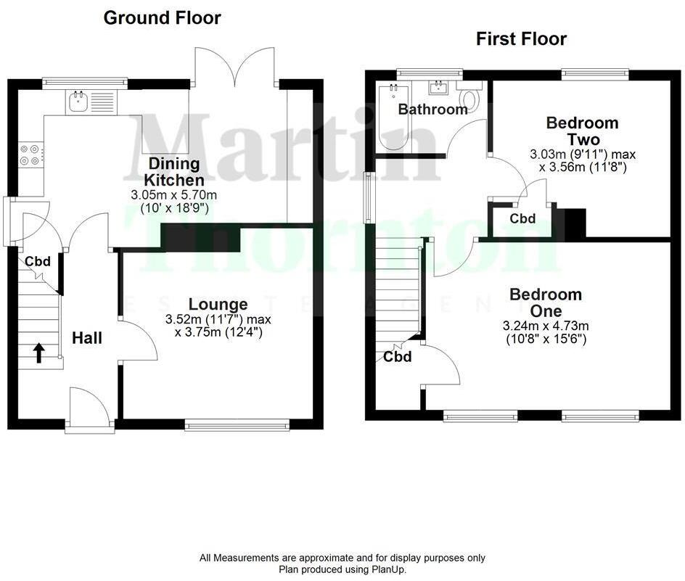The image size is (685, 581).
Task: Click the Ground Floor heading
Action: [x=162, y=17]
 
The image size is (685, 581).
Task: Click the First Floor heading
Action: [x=521, y=38]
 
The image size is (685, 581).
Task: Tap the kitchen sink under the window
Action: [x=78, y=102]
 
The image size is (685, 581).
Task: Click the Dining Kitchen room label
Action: [x=173, y=171]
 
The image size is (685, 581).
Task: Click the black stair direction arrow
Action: [x=38, y=353]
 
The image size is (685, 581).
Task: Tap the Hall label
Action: [x=86, y=338]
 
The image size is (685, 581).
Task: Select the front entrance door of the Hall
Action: [x=89, y=411]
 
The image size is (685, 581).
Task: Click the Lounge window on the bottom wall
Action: [x=237, y=426]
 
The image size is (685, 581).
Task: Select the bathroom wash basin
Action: [x=438, y=88]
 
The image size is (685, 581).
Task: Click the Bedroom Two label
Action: [x=582, y=131]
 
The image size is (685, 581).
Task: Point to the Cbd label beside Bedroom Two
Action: [x=522, y=218]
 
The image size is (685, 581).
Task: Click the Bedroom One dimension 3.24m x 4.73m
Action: [x=545, y=326]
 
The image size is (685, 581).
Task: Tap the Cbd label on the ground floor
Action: [x=38, y=261]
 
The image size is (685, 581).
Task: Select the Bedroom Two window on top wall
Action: [x=595, y=71]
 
